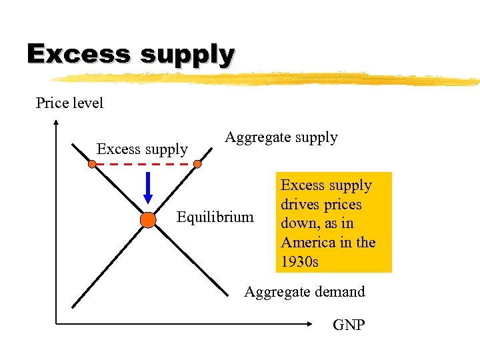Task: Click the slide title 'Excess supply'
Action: point(130,53)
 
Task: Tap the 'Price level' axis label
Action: point(69,103)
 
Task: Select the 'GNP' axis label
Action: point(349,325)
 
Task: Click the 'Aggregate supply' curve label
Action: point(281,138)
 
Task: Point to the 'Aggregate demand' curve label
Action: point(305,291)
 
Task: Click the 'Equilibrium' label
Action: point(215,217)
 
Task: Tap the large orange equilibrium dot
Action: point(148,220)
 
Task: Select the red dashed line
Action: point(145,163)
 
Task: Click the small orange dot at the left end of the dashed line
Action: point(92,163)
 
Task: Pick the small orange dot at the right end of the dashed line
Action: point(197,163)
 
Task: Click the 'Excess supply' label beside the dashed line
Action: point(142,149)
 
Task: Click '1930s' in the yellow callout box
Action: point(299,261)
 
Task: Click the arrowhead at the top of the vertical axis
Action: point(56,123)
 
